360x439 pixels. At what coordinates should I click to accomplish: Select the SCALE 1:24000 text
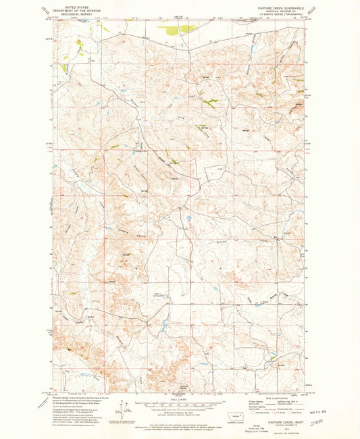(x=180, y=398)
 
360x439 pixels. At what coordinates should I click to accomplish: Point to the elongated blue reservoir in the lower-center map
(x=162, y=325)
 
